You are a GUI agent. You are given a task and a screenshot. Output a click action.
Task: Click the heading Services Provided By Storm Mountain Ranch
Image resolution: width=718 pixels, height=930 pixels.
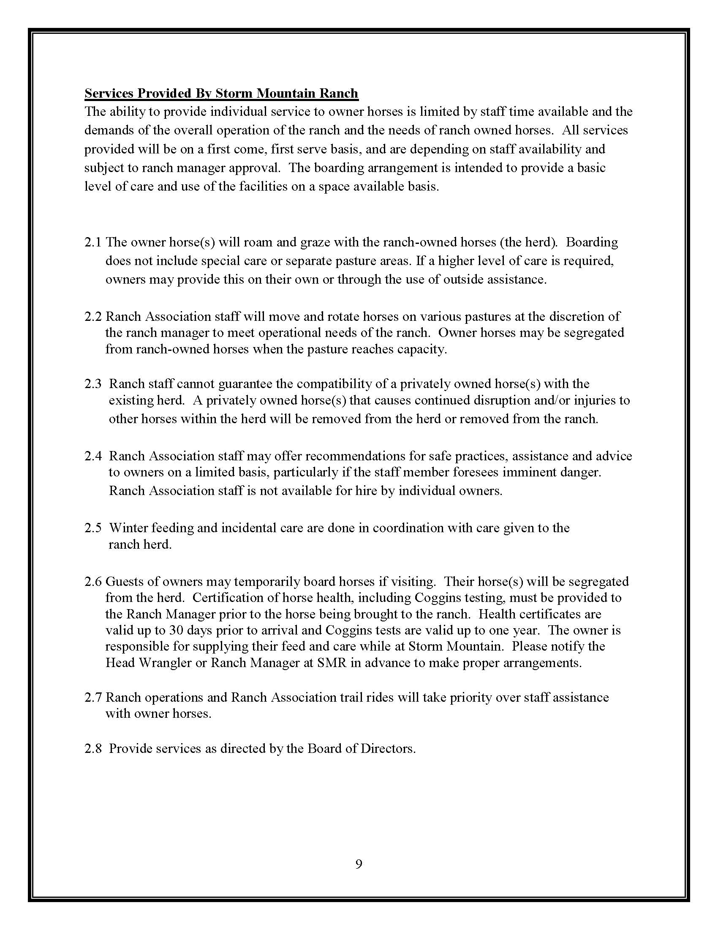click(x=221, y=93)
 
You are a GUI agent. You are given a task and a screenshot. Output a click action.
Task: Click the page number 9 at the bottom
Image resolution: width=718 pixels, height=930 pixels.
click(x=359, y=864)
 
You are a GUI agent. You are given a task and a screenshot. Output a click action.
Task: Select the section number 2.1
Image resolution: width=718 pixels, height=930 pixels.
click(x=93, y=242)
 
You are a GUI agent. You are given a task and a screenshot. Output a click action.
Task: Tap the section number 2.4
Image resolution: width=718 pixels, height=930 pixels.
click(x=93, y=456)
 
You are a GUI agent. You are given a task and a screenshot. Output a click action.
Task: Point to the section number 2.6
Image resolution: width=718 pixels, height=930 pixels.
click(x=93, y=582)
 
